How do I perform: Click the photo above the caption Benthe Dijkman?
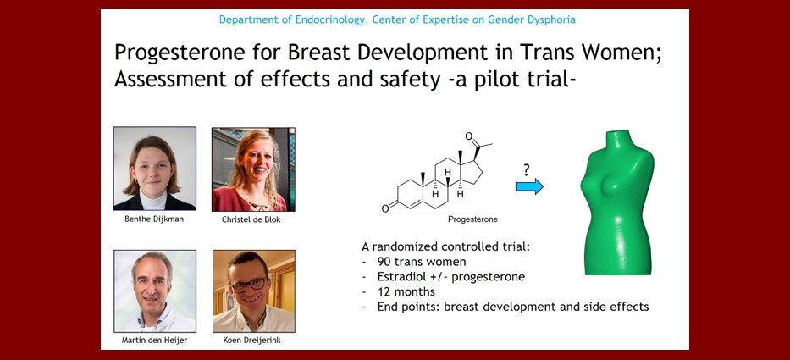pyautogui.click(x=155, y=169)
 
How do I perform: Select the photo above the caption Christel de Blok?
pyautogui.click(x=253, y=169)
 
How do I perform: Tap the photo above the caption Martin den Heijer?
pyautogui.click(x=155, y=291)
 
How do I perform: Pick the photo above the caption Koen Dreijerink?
pyautogui.click(x=254, y=291)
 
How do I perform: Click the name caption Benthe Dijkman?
pyautogui.click(x=154, y=219)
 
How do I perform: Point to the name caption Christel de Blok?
pyautogui.click(x=253, y=219)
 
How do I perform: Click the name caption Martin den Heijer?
pyautogui.click(x=154, y=340)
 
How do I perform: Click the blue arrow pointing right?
pyautogui.click(x=529, y=186)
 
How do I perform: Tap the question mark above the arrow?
pyautogui.click(x=527, y=170)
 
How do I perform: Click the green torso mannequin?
pyautogui.click(x=618, y=202)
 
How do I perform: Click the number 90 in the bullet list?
pyautogui.click(x=384, y=262)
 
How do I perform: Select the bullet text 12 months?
pyautogui.click(x=406, y=292)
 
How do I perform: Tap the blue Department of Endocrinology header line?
pyautogui.click(x=397, y=20)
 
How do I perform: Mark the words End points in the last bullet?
pyautogui.click(x=407, y=307)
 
